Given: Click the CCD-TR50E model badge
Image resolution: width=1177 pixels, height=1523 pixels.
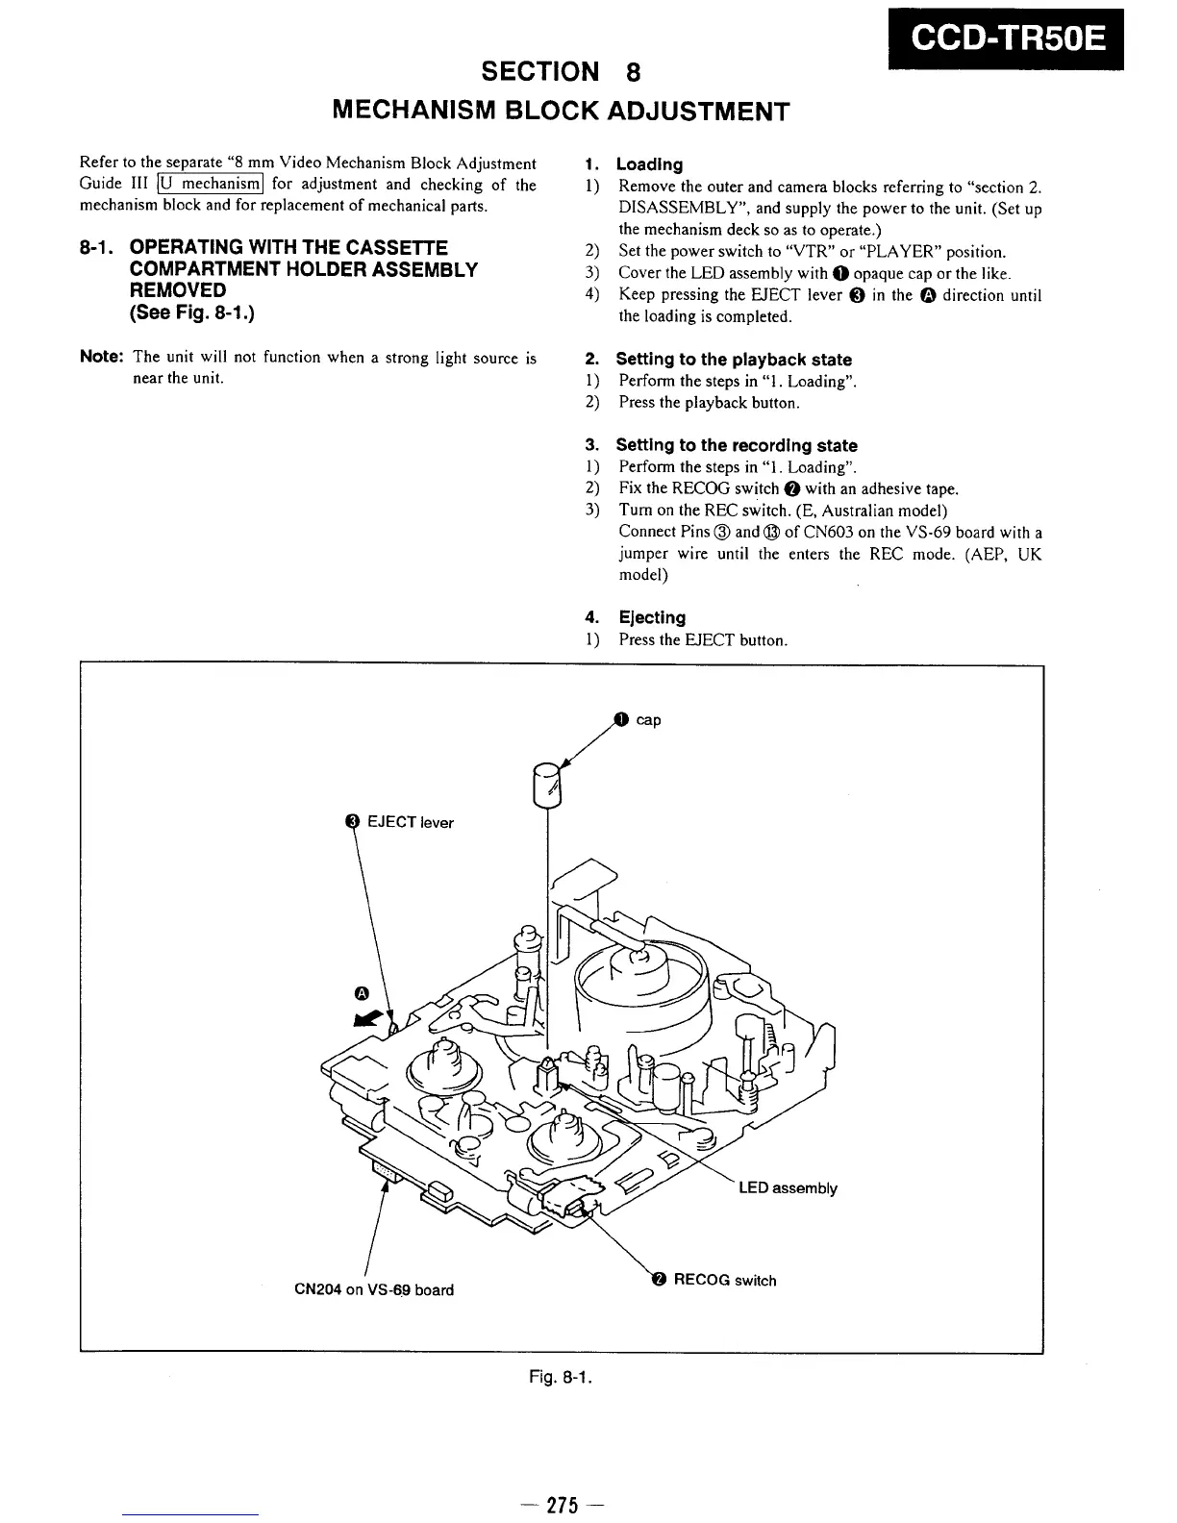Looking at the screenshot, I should click(x=1007, y=38).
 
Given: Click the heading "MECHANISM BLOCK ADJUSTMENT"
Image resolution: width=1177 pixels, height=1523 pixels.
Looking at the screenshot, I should click(x=560, y=112).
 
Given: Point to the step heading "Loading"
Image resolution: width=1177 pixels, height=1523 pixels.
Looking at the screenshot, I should click(x=649, y=164).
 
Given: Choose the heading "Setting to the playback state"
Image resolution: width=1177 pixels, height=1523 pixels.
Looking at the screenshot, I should click(x=733, y=360).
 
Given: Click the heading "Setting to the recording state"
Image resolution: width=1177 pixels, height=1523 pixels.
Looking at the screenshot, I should click(x=736, y=445).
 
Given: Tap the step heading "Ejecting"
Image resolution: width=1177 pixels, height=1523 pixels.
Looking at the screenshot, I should click(x=652, y=617).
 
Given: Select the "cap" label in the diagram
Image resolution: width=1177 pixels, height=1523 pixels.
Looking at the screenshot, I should click(x=648, y=720).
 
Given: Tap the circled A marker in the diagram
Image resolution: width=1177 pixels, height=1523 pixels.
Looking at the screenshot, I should click(x=362, y=992).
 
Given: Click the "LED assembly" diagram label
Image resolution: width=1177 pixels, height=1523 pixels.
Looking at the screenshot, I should click(x=788, y=1187).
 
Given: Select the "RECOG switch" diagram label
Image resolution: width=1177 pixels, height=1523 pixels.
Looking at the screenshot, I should click(x=724, y=1280).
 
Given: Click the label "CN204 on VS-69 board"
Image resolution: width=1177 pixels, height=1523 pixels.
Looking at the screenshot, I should click(x=373, y=1289).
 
